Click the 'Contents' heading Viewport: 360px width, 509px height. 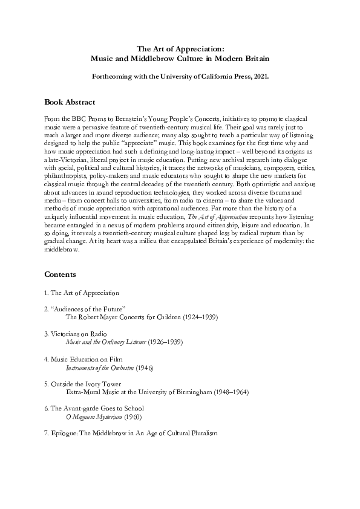point(60,274)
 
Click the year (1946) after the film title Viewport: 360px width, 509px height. point(148,367)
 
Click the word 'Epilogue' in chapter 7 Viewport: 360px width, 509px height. point(69,434)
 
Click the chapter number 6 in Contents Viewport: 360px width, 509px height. point(47,409)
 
